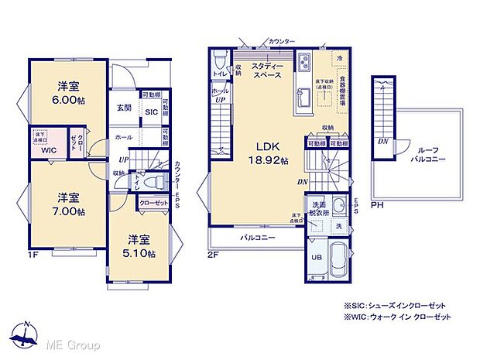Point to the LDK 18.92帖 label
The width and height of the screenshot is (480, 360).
(x=267, y=153)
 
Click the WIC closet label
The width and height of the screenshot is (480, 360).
(x=49, y=149)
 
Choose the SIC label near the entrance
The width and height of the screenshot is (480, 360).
(x=150, y=112)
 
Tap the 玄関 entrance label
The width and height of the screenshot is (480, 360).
(x=124, y=108)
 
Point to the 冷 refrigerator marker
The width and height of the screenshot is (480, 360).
(x=339, y=59)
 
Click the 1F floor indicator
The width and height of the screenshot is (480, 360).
(x=35, y=253)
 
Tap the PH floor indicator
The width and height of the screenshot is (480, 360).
(x=377, y=206)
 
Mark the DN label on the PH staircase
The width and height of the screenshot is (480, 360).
(x=382, y=142)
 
